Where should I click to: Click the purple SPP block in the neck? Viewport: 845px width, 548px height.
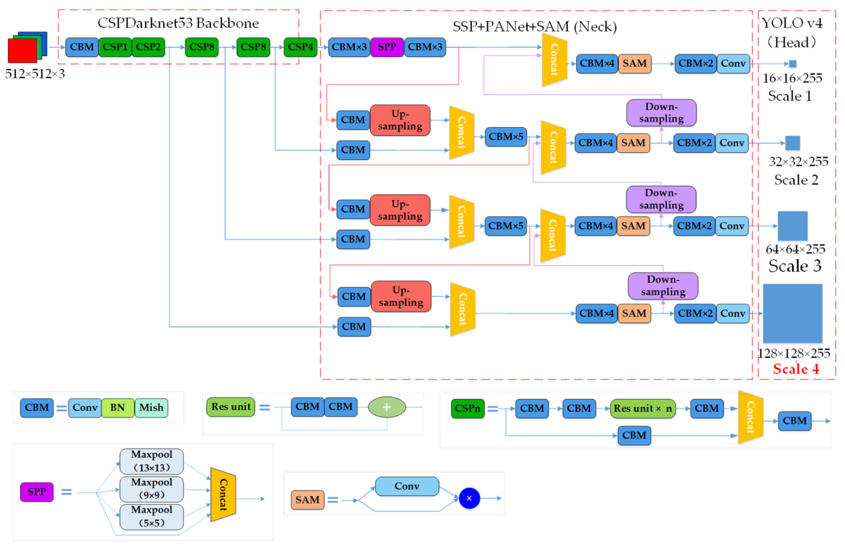coord(387,47)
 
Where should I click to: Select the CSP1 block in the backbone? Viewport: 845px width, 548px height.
coord(115,47)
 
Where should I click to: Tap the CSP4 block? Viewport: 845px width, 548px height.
coord(300,47)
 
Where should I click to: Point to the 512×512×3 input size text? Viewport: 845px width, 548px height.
coord(35,74)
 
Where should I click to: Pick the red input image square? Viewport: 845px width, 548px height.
coord(22,50)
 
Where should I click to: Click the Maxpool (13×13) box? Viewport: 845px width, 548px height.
coord(152,461)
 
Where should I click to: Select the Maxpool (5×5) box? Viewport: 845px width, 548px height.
coord(152,517)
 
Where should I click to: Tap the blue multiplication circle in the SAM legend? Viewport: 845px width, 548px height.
coord(469,498)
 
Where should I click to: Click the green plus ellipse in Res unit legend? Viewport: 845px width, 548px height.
coord(387,407)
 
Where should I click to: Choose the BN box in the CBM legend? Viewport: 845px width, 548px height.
coord(118,408)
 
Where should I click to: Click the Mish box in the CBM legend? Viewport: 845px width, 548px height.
coord(151,408)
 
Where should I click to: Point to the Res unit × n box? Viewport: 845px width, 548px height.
coord(643,409)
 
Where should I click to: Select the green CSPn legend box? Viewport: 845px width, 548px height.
coord(467,409)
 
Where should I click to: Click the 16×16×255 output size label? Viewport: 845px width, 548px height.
coord(792,78)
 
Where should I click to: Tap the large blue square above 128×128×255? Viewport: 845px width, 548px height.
coord(792,314)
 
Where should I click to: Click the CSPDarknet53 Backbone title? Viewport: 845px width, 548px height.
coord(178,23)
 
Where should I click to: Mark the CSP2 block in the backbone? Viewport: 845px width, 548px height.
coord(148,47)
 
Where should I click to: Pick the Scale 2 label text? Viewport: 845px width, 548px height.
coord(796,180)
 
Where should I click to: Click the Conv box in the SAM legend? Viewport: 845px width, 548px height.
coord(407,486)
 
